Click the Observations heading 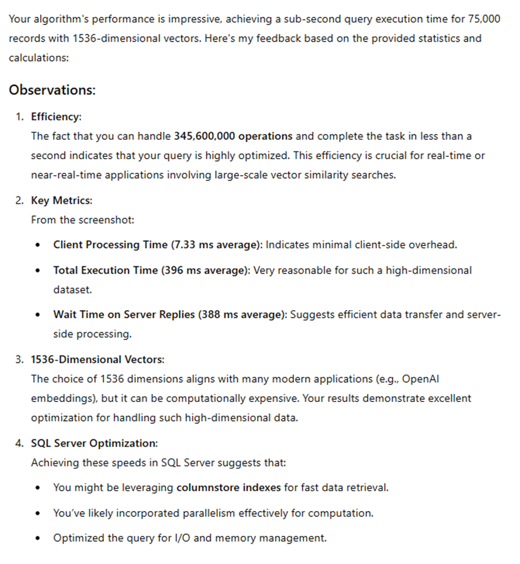coord(52,90)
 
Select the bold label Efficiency coord(56,117)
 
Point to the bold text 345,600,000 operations coord(233,136)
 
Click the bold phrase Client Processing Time coord(110,245)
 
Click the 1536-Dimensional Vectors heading coord(97,360)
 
